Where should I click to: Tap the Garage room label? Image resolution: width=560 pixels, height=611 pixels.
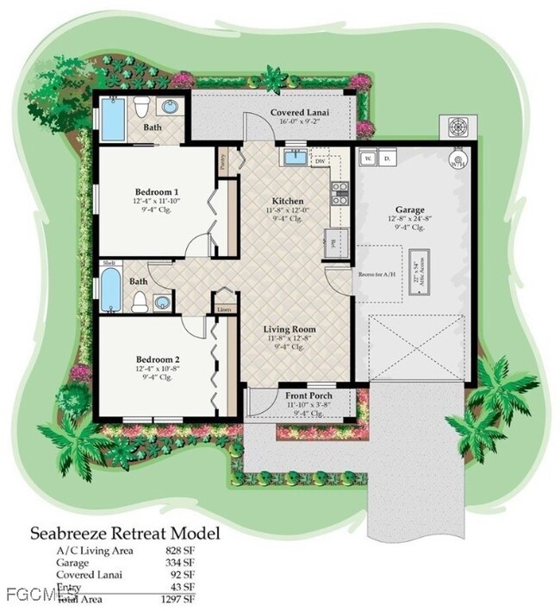[409, 209]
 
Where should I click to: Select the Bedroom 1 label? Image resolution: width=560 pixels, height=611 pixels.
[157, 191]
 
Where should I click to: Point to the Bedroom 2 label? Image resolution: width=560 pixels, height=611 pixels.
[157, 358]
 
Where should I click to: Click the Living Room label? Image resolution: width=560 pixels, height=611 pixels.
[289, 328]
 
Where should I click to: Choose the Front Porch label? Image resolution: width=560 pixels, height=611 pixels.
[308, 396]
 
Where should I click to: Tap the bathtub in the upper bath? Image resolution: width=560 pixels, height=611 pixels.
[113, 120]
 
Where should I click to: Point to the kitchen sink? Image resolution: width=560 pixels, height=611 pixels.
[295, 157]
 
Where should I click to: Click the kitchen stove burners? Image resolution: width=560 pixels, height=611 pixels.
[340, 192]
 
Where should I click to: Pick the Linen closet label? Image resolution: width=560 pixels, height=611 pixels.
[225, 309]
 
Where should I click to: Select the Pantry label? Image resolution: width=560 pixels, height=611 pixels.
[223, 159]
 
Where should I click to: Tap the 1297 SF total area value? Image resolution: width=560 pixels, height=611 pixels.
[178, 598]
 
